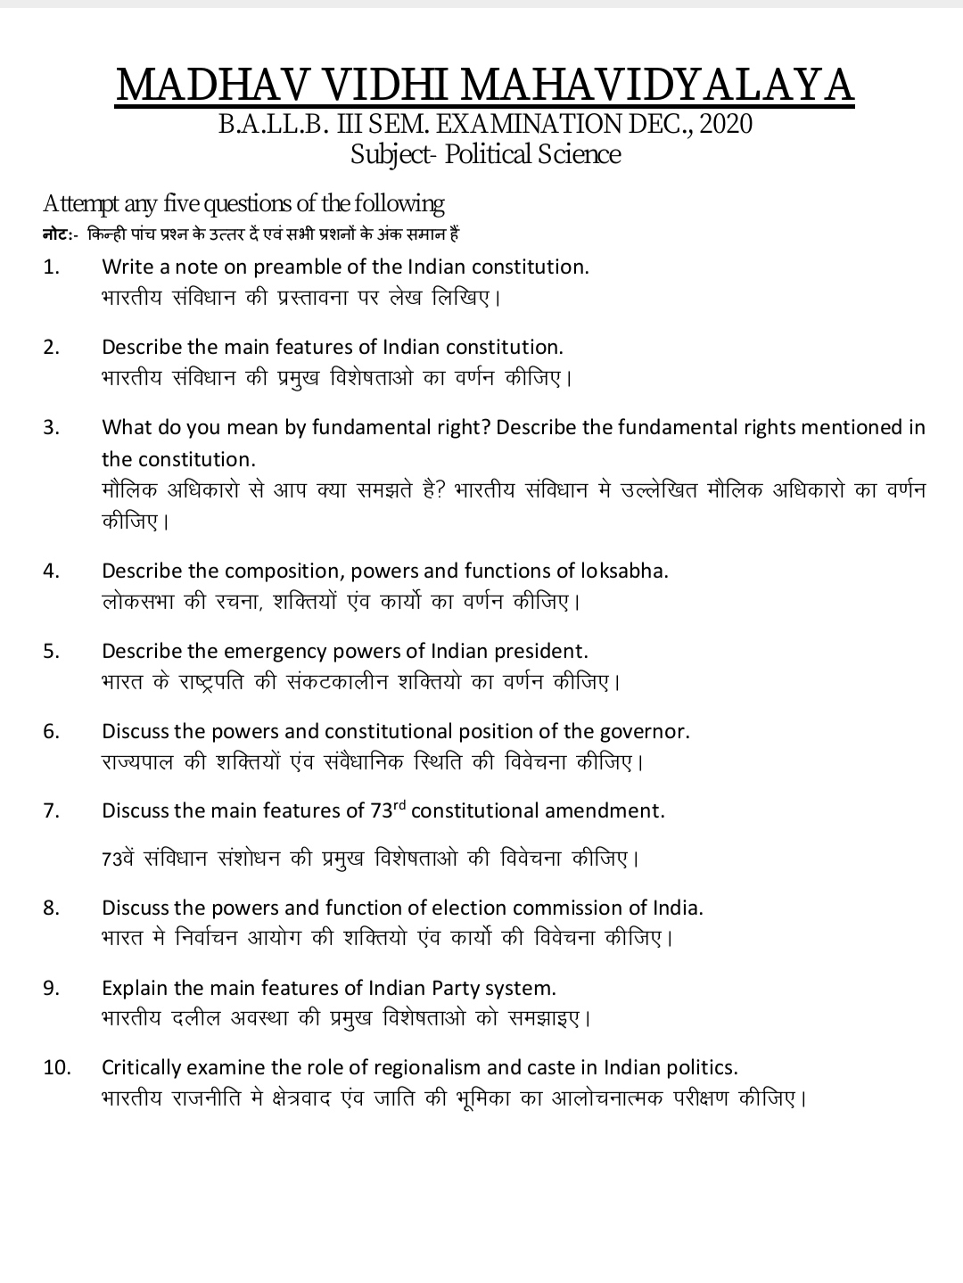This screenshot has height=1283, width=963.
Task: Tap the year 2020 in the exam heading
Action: click(726, 123)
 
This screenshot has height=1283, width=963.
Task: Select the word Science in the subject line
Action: click(584, 154)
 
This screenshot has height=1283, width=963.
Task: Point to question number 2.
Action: click(51, 347)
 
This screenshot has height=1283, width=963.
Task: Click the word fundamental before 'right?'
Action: click(369, 427)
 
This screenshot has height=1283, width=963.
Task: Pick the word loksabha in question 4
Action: click(624, 571)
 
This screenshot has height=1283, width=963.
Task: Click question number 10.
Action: click(56, 1067)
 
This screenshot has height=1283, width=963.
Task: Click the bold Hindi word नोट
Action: click(57, 234)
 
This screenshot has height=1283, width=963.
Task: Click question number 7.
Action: click(51, 811)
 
